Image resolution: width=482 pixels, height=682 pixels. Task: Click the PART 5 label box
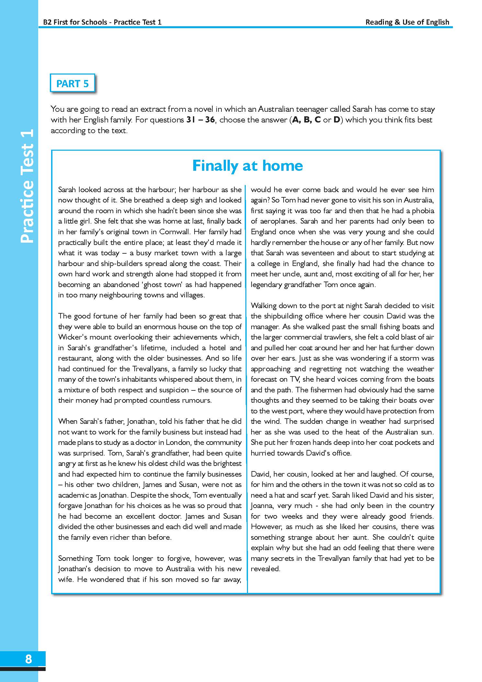73,84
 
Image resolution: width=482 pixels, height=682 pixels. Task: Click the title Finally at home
247,166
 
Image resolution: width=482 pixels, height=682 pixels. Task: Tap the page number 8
28,659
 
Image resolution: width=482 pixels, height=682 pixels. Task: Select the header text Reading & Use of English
407,22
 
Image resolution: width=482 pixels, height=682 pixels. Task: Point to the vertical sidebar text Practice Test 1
28,186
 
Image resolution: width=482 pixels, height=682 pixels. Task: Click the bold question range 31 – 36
201,120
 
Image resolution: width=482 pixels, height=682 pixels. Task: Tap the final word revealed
265,569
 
